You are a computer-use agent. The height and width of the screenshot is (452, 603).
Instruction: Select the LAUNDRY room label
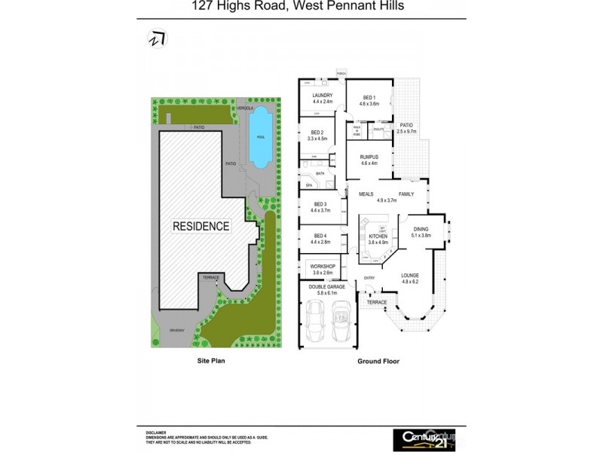[323, 96]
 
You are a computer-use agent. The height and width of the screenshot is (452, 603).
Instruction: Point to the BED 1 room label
[369, 97]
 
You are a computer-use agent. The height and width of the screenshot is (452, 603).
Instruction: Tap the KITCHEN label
[378, 237]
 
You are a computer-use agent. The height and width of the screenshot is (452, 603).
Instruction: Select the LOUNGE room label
[410, 276]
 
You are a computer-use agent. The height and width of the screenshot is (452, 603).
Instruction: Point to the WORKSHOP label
[322, 267]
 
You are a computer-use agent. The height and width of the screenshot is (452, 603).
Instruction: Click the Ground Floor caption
[378, 362]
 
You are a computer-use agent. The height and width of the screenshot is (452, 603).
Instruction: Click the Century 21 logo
[424, 437]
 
